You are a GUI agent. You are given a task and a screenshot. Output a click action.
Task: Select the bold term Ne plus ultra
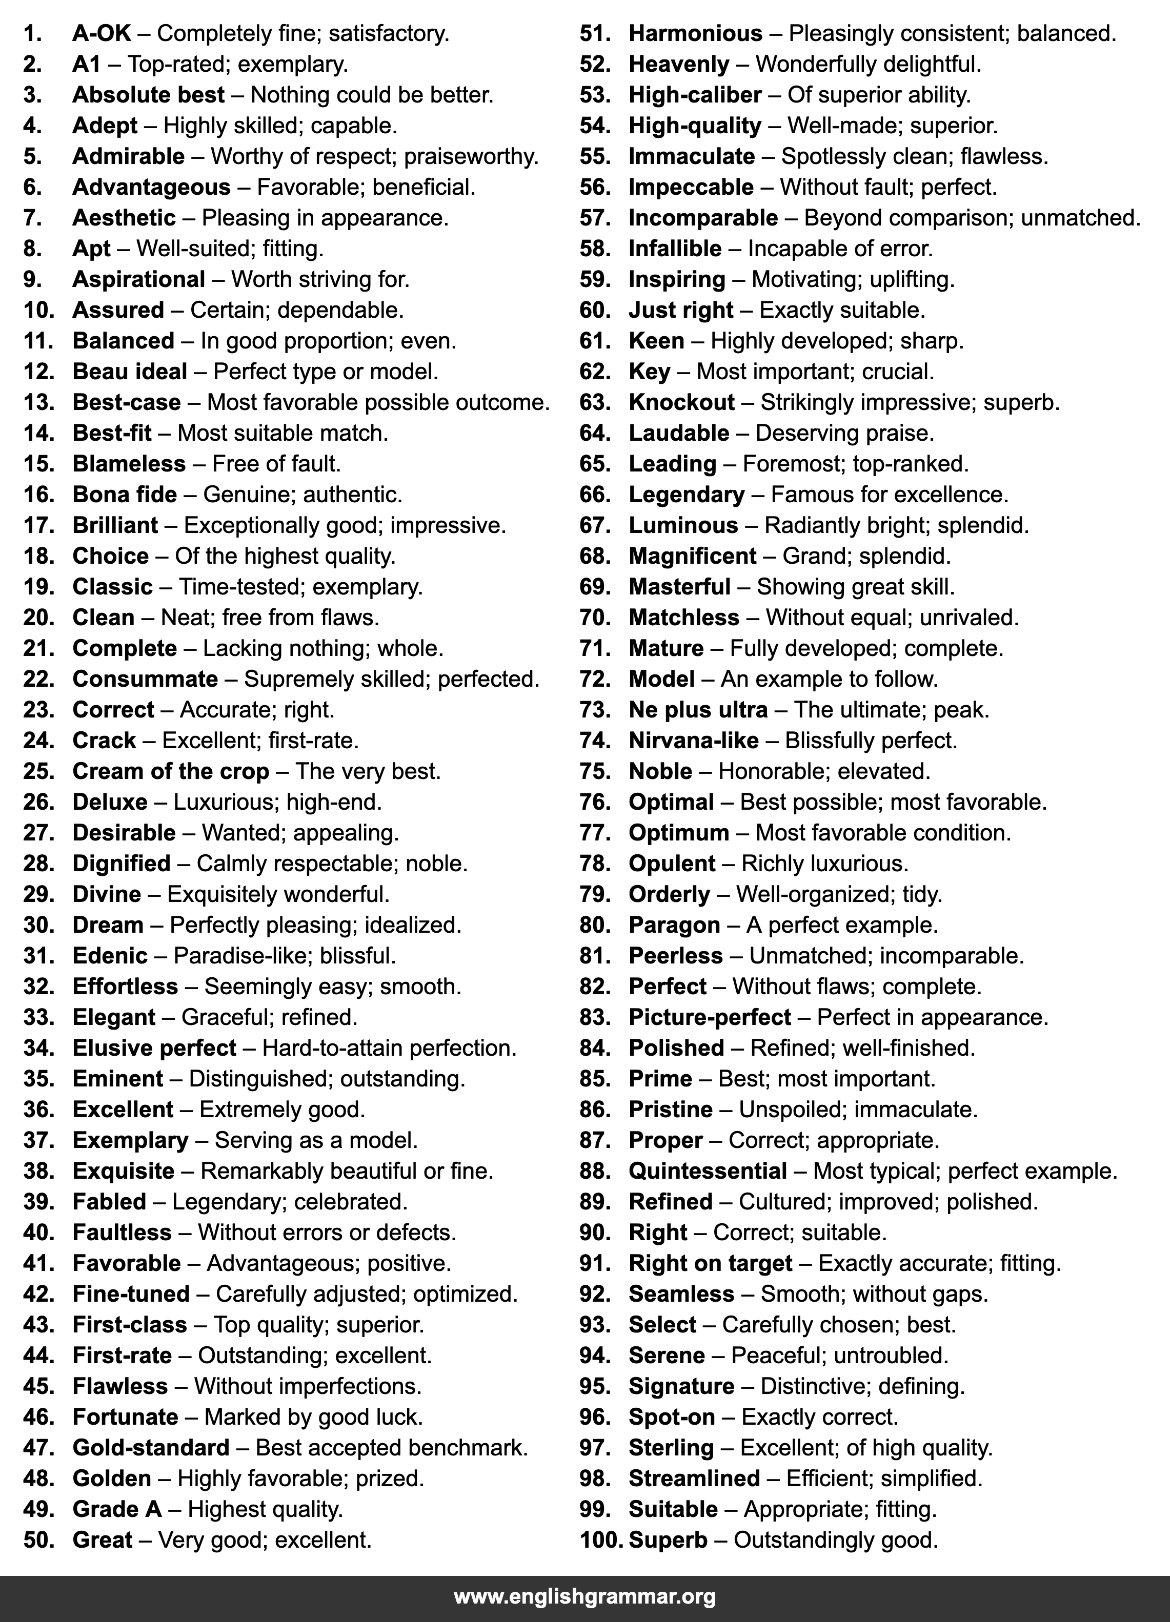click(698, 710)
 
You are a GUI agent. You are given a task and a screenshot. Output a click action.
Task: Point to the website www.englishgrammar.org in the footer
click(584, 1597)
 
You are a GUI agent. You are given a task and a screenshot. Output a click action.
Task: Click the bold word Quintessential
click(708, 1172)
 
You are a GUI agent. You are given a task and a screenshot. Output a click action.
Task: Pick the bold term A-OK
click(102, 34)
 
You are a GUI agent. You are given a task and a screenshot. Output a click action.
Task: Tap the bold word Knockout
click(681, 403)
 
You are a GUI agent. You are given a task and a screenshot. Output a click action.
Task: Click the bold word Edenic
click(110, 956)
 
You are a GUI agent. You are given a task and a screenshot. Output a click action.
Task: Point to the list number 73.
click(595, 710)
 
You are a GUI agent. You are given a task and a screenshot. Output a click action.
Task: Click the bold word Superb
click(668, 1541)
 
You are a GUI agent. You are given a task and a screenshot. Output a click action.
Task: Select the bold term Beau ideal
click(130, 372)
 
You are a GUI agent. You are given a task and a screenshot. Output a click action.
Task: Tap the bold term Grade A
click(117, 1510)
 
